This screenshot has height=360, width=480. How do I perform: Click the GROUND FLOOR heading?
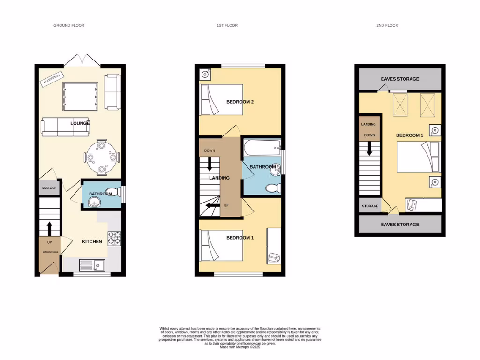(69, 25)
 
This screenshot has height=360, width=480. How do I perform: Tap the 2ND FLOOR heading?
(387, 25)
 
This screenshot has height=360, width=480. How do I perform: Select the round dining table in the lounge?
(102, 157)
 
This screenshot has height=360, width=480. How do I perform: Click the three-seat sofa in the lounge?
(64, 127)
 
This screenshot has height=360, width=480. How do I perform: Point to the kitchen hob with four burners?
(115, 239)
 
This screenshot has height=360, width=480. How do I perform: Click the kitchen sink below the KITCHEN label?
(92, 265)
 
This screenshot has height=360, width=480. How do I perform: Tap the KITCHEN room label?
(92, 242)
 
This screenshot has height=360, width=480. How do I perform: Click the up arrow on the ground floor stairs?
(49, 228)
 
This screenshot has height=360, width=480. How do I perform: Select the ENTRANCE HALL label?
(49, 252)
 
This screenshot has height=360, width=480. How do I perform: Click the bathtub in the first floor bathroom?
(262, 150)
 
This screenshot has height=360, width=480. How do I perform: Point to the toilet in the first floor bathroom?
(272, 188)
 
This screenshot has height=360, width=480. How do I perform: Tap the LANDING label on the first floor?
(219, 178)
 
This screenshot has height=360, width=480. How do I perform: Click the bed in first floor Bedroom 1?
(221, 247)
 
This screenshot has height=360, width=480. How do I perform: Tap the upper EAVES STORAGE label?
(400, 79)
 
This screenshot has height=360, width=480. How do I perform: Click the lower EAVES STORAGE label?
(400, 225)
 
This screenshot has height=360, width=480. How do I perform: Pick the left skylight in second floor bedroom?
(400, 104)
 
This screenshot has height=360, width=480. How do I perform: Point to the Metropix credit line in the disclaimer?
(240, 347)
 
